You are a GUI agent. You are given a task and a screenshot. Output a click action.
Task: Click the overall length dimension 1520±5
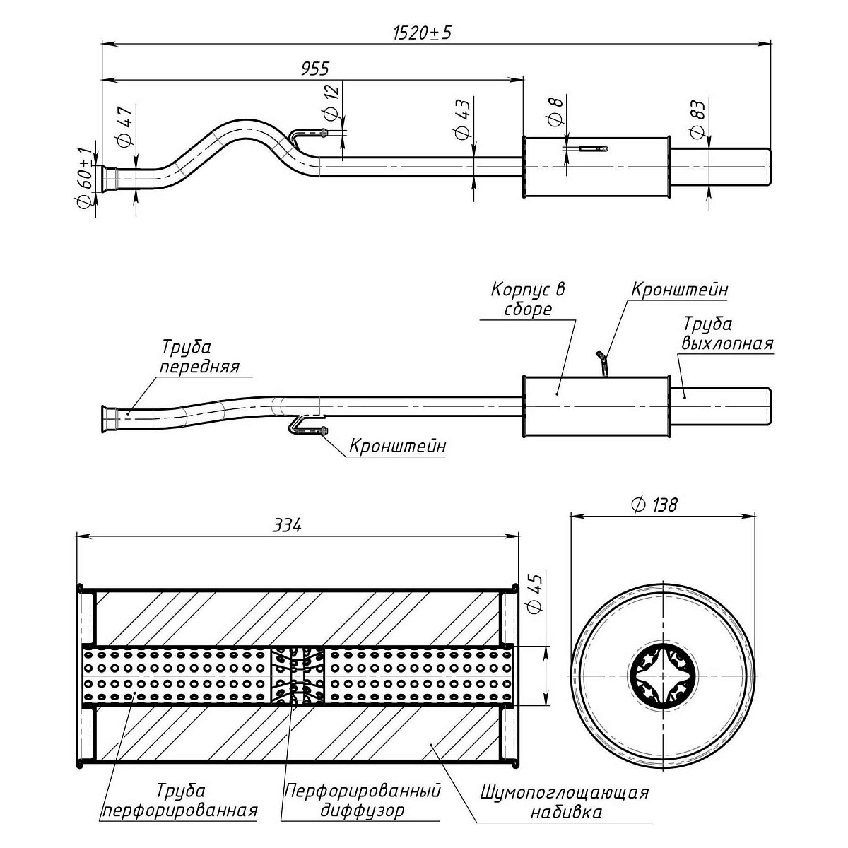click(x=422, y=33)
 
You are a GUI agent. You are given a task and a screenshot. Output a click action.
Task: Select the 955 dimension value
click(x=315, y=69)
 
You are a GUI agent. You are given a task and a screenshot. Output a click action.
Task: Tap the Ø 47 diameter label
click(x=126, y=127)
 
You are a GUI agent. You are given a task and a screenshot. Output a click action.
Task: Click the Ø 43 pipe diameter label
click(x=463, y=119)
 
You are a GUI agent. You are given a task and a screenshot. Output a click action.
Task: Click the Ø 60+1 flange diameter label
click(x=85, y=177)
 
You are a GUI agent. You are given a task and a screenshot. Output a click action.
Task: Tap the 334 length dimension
click(x=288, y=526)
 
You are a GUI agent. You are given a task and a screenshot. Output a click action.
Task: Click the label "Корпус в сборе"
click(x=528, y=299)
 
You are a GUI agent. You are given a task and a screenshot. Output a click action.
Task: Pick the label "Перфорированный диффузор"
click(x=362, y=800)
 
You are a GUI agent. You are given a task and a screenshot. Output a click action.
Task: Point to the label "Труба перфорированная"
click(x=179, y=800)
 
